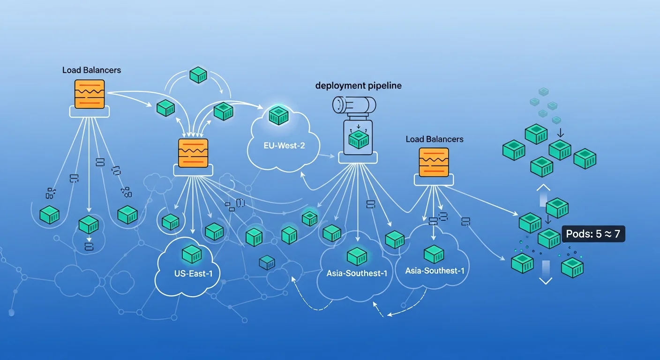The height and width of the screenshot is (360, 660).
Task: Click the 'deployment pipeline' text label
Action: [x=358, y=86]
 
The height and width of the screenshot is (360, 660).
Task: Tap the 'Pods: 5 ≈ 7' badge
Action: [x=592, y=234]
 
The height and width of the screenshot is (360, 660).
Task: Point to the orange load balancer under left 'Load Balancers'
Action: [x=89, y=94]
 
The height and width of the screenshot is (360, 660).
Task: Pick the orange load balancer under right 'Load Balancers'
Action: [x=434, y=162]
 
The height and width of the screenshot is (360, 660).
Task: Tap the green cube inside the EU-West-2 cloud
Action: [x=278, y=115]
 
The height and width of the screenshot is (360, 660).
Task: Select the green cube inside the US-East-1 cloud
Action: [x=191, y=254]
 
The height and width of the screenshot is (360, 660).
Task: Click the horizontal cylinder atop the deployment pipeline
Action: [x=354, y=105]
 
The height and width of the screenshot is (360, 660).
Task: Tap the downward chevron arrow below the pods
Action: [x=546, y=280]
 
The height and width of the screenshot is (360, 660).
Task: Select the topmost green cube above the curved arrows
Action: [x=198, y=75]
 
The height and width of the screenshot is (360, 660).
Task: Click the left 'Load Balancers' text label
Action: [x=91, y=70]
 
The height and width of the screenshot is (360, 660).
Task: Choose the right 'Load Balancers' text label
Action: [x=434, y=139]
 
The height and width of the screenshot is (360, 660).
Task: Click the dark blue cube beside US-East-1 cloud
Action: [x=267, y=262]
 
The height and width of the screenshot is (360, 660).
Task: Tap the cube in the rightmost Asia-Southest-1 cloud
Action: [x=434, y=254]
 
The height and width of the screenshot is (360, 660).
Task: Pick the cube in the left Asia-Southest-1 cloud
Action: [x=357, y=256]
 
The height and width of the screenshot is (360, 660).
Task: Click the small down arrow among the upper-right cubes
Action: [x=561, y=133]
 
